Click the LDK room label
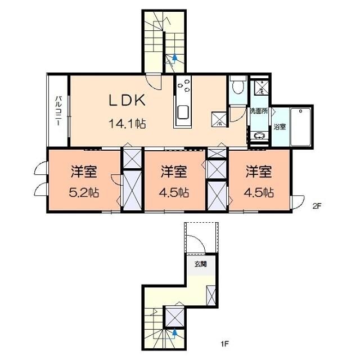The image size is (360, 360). tap(128, 100)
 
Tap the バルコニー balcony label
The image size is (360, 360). tap(58, 110)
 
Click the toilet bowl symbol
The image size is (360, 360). tap(236, 87)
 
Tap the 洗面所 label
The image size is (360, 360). tap(259, 111)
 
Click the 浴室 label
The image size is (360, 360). tap(279, 127)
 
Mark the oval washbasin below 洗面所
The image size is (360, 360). tap(259, 136)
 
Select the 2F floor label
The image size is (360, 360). tap(317, 206)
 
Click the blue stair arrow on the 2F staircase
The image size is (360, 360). tap(174, 57)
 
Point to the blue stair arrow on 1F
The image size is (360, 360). tap(175, 332)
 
